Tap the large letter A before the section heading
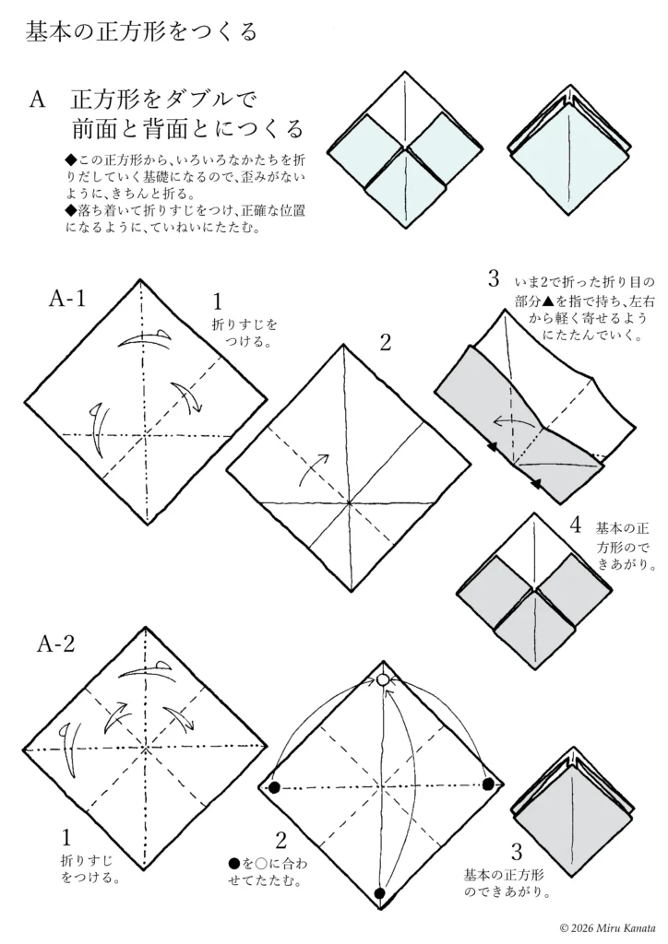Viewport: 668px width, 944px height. pos(38,100)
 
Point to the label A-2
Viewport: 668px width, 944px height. pos(56,644)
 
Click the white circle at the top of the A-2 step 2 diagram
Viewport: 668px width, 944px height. pos(383,680)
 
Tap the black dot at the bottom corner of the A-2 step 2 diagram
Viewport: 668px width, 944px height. pos(379,893)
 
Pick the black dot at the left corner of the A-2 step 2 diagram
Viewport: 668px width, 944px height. pos(274,787)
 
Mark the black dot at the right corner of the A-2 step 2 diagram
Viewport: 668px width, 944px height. pos(488,785)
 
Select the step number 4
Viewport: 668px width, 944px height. pos(576,526)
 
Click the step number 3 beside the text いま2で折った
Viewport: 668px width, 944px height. pos(494,278)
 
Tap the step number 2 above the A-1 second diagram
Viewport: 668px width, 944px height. pos(386,343)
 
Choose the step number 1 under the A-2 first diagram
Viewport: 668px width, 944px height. pos(66,838)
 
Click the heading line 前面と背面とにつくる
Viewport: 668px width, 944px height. pos(188,126)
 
